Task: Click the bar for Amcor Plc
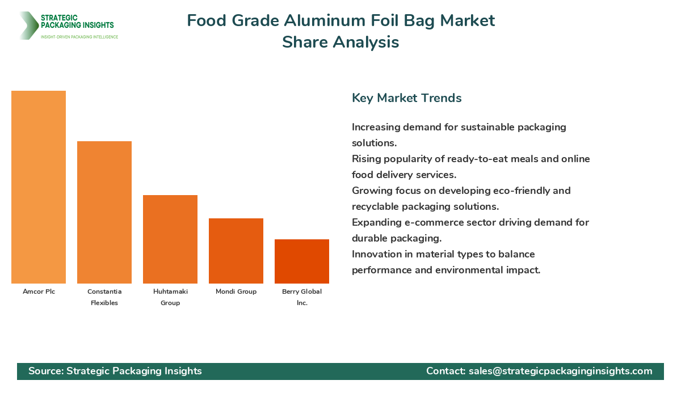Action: coord(39,187)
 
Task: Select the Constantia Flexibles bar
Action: coord(104,213)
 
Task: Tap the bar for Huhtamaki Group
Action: coord(170,239)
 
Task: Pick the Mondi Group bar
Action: coord(236,251)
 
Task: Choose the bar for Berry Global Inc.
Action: coord(302,261)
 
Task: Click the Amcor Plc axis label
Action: coord(39,292)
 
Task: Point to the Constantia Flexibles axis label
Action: coord(104,297)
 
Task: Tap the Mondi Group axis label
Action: coord(236,292)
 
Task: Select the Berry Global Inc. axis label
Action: coord(302,297)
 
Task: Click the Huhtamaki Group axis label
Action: coord(170,297)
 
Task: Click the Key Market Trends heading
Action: coord(406,98)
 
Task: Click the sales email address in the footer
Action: coord(560,371)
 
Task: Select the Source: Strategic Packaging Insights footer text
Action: coord(115,371)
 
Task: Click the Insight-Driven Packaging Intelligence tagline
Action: coord(79,37)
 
